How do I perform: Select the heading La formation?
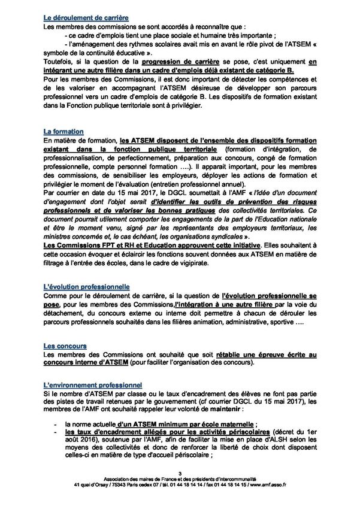(63, 131)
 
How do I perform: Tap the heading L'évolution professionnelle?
(87, 288)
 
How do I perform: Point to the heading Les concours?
(65, 346)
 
